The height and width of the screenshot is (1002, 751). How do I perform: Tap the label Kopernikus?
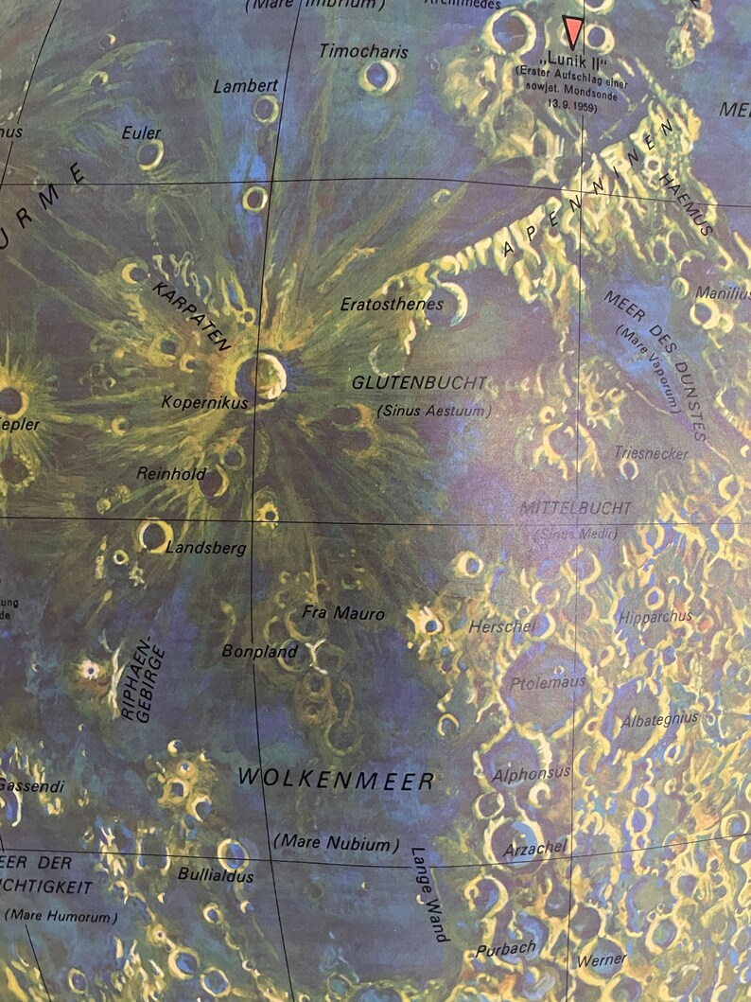tap(204, 403)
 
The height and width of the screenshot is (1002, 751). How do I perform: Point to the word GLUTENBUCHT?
tap(419, 384)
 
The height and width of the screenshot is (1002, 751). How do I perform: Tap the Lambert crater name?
tap(246, 86)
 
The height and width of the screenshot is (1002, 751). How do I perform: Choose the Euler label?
tap(141, 133)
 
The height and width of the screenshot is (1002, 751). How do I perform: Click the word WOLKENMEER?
tap(336, 780)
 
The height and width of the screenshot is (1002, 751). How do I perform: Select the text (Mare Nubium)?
tap(336, 841)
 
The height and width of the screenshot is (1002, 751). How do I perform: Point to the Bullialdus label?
tap(217, 875)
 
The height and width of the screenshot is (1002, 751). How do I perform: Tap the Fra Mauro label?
tap(343, 613)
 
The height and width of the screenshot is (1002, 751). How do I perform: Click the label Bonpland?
tap(259, 651)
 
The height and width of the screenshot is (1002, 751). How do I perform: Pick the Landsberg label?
tap(206, 548)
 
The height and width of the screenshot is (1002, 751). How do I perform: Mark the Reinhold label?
tap(171, 473)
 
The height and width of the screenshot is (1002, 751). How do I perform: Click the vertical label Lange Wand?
tap(428, 891)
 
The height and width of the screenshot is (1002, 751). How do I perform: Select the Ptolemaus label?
tap(548, 681)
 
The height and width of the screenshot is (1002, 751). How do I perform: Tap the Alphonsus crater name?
tap(531, 774)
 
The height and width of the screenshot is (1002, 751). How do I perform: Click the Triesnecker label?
tap(651, 454)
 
